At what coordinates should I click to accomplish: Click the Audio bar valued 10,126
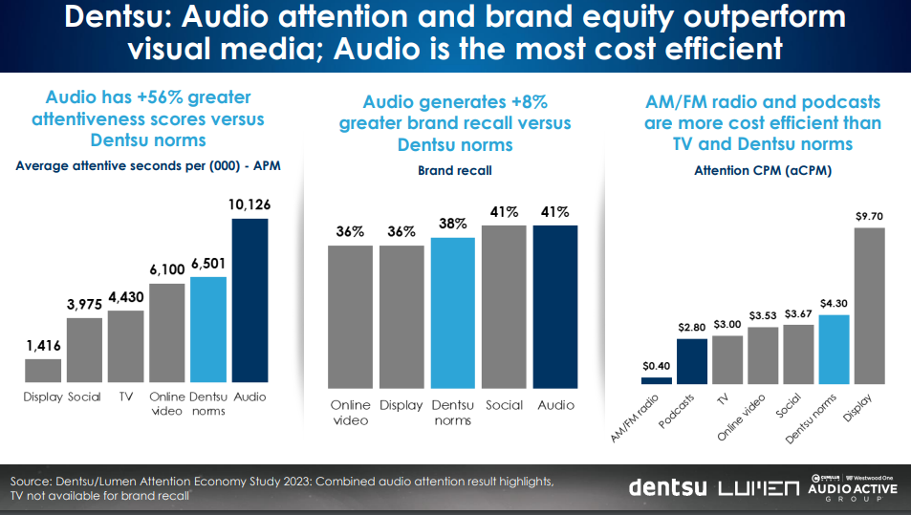click(249, 300)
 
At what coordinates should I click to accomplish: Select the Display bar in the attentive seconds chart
click(43, 370)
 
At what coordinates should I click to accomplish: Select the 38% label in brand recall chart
click(453, 224)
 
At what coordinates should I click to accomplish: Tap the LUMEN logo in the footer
click(757, 487)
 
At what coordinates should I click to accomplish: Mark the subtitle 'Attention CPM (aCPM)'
click(762, 172)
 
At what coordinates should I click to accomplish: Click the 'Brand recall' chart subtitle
click(452, 172)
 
